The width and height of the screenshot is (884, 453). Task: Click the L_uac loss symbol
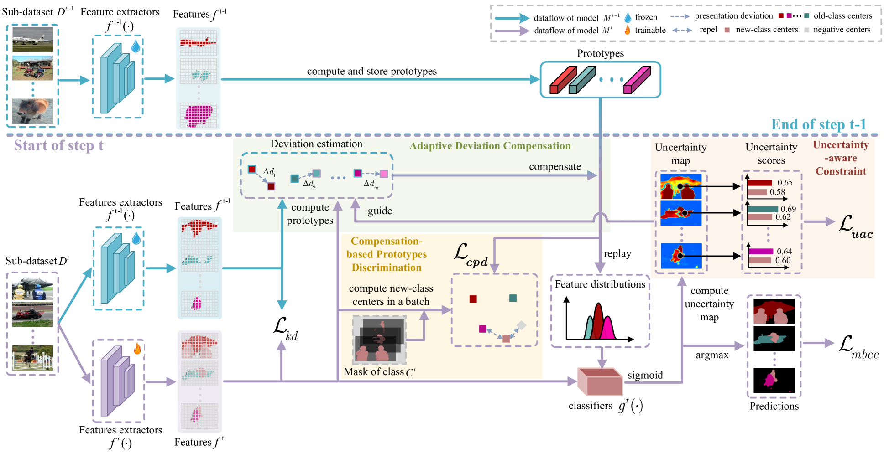pos(856,226)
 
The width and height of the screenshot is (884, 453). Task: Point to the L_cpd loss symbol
pos(471,255)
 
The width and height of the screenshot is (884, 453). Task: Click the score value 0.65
pos(785,183)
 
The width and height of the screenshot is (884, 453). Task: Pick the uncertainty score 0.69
pos(788,209)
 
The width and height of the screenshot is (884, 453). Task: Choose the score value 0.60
pos(783,261)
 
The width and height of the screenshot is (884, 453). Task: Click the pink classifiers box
pos(600,381)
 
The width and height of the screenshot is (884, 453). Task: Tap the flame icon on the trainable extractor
pos(137,349)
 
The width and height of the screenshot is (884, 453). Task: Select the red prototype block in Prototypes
pos(563,80)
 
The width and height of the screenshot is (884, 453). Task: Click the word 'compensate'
pos(555,167)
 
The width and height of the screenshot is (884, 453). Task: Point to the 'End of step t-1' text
pos(819,124)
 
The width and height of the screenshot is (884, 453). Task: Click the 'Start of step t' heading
pos(58,145)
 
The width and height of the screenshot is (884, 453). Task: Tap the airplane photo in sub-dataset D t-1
pos(32,39)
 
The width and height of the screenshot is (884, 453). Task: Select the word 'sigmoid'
pos(645,375)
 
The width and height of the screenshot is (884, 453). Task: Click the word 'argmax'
pos(712,355)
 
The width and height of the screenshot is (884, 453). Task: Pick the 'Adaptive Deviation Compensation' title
pos(490,146)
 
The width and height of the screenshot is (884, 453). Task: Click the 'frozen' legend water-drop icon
pos(628,17)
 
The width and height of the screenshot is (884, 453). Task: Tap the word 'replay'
pos(617,254)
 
